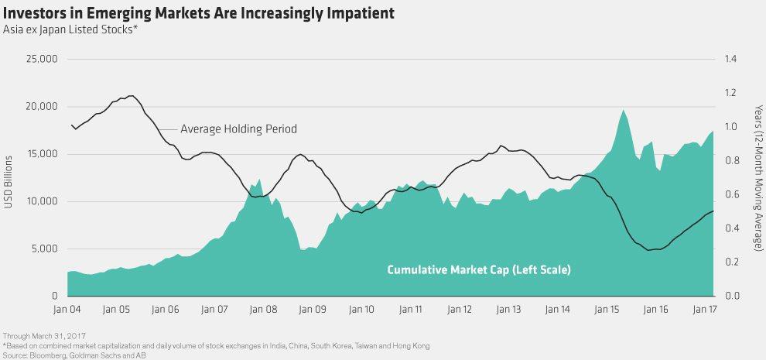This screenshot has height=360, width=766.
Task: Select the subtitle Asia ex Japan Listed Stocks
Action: click(70, 30)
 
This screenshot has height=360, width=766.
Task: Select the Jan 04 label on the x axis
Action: click(68, 309)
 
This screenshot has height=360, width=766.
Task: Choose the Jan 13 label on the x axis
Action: click(509, 309)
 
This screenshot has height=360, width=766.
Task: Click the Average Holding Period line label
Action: click(238, 129)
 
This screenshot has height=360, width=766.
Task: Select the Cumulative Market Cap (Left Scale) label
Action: click(478, 270)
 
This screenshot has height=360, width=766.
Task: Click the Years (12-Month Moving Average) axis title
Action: click(755, 177)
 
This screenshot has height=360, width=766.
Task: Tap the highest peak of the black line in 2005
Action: click(132, 96)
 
